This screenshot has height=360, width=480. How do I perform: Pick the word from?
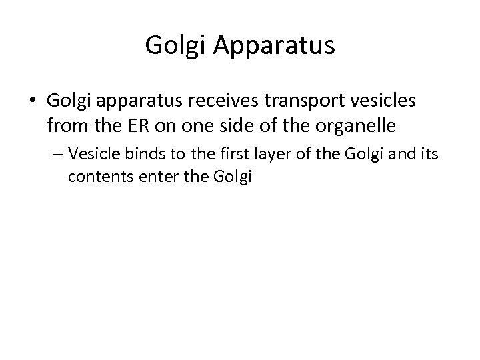(64, 124)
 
